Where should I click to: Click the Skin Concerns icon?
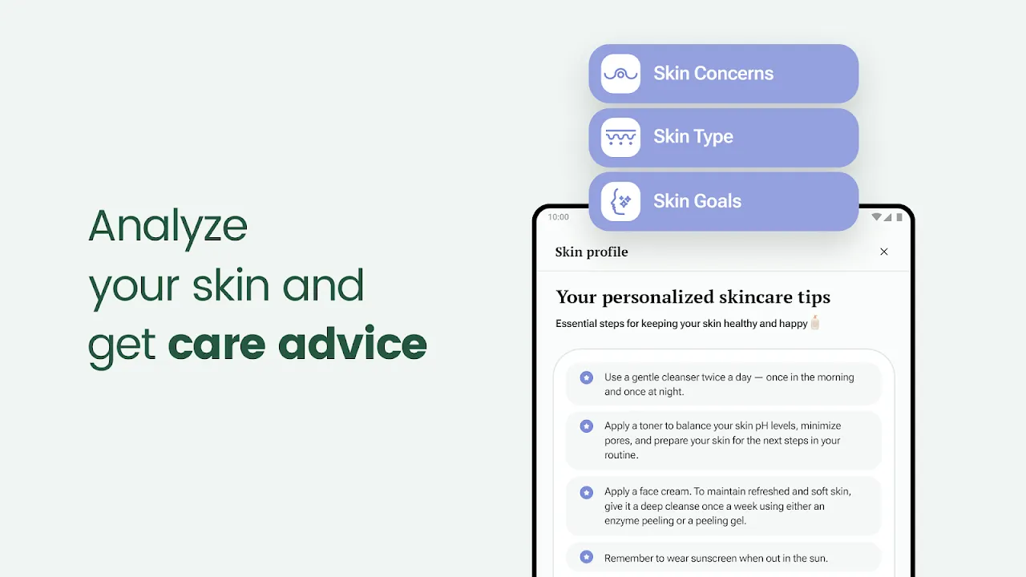(620, 74)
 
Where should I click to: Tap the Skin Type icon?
(620, 137)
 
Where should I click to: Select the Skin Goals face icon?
(620, 201)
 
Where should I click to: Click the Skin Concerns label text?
(713, 73)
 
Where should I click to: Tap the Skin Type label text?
(693, 137)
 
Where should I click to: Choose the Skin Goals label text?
(697, 201)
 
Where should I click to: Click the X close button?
(884, 252)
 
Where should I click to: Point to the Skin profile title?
(592, 252)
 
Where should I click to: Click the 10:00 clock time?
(559, 217)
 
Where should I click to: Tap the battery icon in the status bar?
(899, 217)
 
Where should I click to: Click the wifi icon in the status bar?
(876, 216)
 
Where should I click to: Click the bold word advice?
(352, 344)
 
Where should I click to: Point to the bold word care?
(216, 345)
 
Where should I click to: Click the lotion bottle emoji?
(815, 322)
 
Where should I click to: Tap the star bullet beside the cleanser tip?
(586, 377)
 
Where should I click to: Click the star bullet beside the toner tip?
(586, 426)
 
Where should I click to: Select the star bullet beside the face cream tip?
(586, 492)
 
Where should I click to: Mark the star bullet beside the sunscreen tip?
(586, 557)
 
